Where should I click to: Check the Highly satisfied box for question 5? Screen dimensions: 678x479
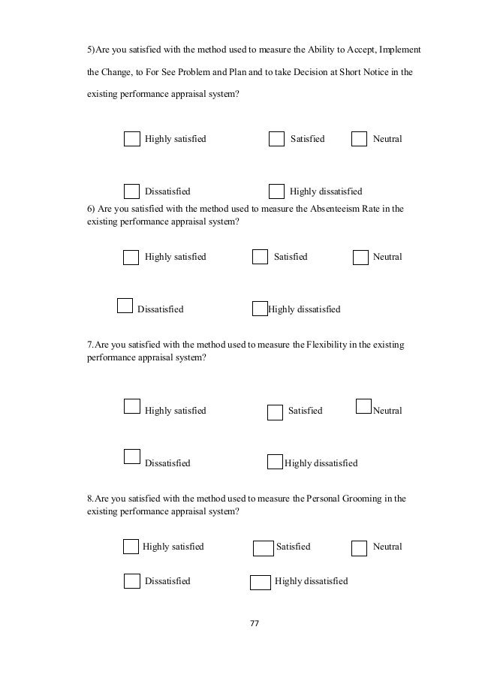[131, 139]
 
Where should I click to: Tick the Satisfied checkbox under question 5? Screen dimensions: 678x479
[276, 139]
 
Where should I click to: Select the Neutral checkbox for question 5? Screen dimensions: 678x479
[360, 139]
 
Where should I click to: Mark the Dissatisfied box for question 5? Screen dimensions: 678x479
[131, 191]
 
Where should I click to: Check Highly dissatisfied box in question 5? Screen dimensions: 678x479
[276, 191]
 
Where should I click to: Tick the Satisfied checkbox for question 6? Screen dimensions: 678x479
[260, 257]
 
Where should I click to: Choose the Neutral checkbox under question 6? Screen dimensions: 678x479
[360, 257]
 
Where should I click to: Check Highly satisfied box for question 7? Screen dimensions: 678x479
[131, 406]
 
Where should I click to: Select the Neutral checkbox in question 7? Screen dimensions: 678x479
[363, 406]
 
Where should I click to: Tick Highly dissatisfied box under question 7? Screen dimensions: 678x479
[275, 462]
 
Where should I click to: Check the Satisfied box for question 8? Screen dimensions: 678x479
[263, 547]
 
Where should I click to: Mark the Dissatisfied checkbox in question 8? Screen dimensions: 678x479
[131, 580]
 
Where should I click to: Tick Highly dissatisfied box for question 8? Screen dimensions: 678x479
[260, 582]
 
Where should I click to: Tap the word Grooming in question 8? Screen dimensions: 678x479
[370, 498]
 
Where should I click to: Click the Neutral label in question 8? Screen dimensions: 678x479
[387, 547]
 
